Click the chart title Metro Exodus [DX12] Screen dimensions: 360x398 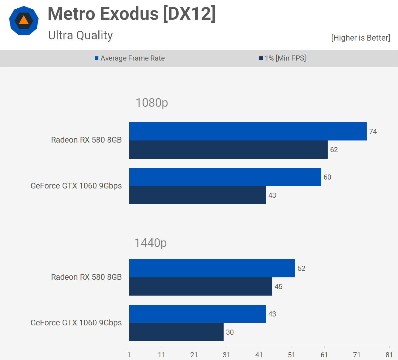pyautogui.click(x=131, y=14)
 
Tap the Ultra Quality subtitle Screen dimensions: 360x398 pyautogui.click(x=80, y=35)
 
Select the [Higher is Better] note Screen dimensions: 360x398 pyautogui.click(x=360, y=38)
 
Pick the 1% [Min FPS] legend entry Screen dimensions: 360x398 pyautogui.click(x=282, y=58)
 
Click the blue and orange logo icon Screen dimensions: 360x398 pyautogui.click(x=24, y=21)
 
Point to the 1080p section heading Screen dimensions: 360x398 pyautogui.click(x=152, y=103)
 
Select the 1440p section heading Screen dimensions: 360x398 pyautogui.click(x=151, y=243)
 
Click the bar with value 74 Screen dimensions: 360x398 pyautogui.click(x=247, y=131)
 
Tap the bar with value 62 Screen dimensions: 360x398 pyautogui.click(x=228, y=149)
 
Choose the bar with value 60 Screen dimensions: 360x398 pyautogui.click(x=225, y=177)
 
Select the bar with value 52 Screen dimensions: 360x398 pyautogui.click(x=212, y=268)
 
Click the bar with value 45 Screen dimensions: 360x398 pyautogui.click(x=200, y=286)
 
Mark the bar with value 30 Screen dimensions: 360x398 pyautogui.click(x=176, y=332)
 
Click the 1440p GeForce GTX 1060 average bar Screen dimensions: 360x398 pyautogui.click(x=197, y=314)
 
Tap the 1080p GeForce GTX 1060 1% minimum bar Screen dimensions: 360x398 pyautogui.click(x=197, y=195)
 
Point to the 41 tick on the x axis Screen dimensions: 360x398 pyautogui.click(x=259, y=355)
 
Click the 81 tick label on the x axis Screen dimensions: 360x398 pyautogui.click(x=389, y=355)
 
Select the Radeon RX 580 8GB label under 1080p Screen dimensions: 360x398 pyautogui.click(x=86, y=140)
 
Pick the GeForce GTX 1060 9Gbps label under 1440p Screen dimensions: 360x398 pyautogui.click(x=76, y=323)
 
